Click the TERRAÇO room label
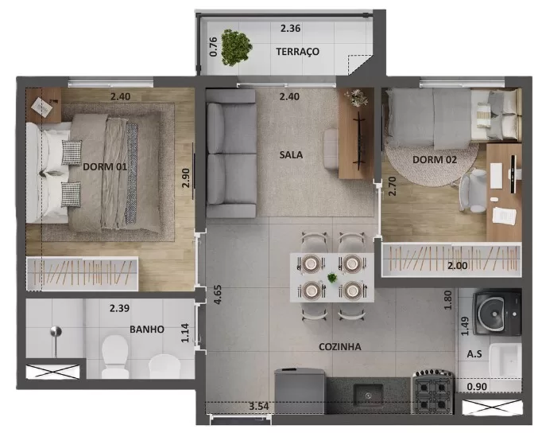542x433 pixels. (297, 52)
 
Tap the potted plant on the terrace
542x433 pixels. (235, 47)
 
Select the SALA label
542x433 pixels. (292, 154)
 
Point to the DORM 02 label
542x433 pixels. (435, 160)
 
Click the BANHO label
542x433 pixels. (147, 329)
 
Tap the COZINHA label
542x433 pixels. (340, 347)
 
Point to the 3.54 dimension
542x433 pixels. (259, 408)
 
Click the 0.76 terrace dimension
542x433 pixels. (213, 45)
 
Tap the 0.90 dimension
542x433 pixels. (477, 388)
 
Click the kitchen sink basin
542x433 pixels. (368, 392)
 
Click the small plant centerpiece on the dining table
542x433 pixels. (331, 278)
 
